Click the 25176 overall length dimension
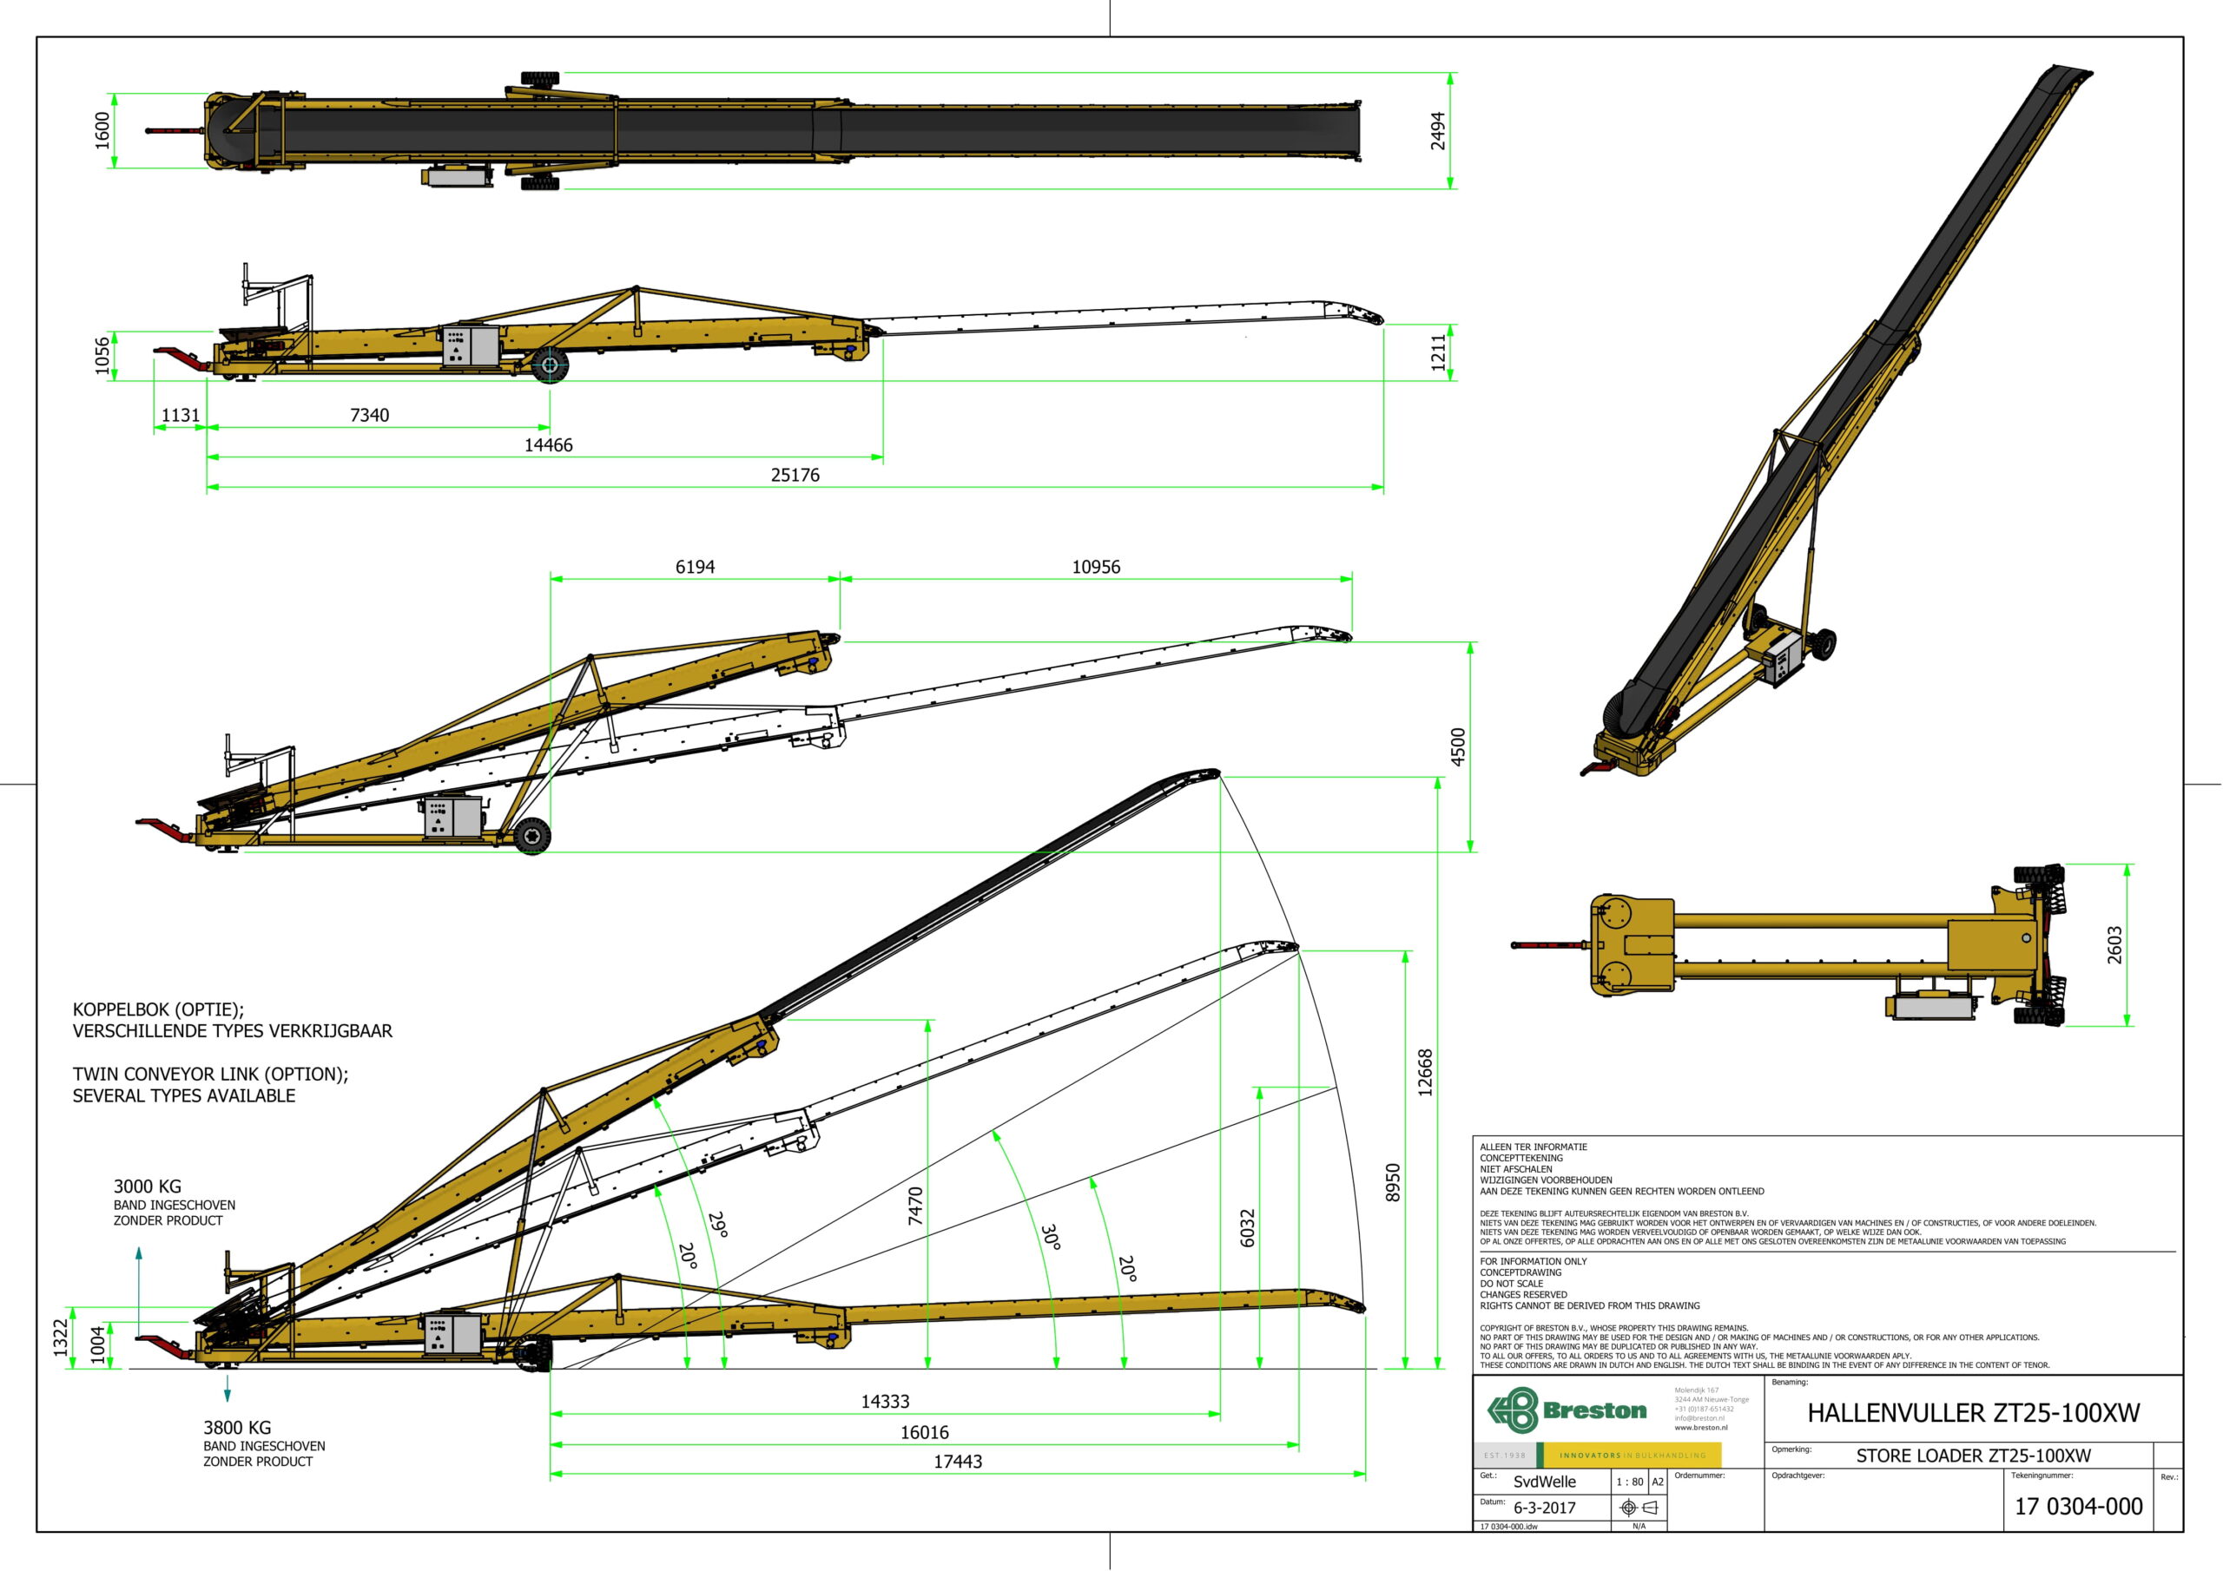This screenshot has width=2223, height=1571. (795, 476)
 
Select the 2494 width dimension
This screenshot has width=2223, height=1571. (1439, 131)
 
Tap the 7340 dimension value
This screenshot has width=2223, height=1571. (369, 415)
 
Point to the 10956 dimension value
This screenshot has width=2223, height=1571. (1095, 568)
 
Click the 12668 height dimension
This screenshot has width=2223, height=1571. (1425, 1073)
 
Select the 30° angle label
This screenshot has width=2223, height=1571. (1051, 1237)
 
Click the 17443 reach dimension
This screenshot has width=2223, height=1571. (958, 1462)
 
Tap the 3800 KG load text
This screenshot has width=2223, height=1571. (237, 1427)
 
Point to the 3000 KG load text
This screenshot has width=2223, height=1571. (147, 1186)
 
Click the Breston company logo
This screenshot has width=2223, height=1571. (1567, 1410)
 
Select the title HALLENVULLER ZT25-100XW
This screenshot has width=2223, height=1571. (1973, 1413)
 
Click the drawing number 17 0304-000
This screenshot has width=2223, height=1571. (2078, 1506)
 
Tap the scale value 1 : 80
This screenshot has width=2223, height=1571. (1630, 1482)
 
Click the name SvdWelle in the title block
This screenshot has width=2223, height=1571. (1544, 1482)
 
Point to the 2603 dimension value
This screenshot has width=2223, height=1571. (2114, 944)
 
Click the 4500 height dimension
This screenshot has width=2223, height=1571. (1458, 746)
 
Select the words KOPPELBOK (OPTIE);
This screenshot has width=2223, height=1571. (159, 1009)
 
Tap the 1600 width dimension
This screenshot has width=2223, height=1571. (102, 131)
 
